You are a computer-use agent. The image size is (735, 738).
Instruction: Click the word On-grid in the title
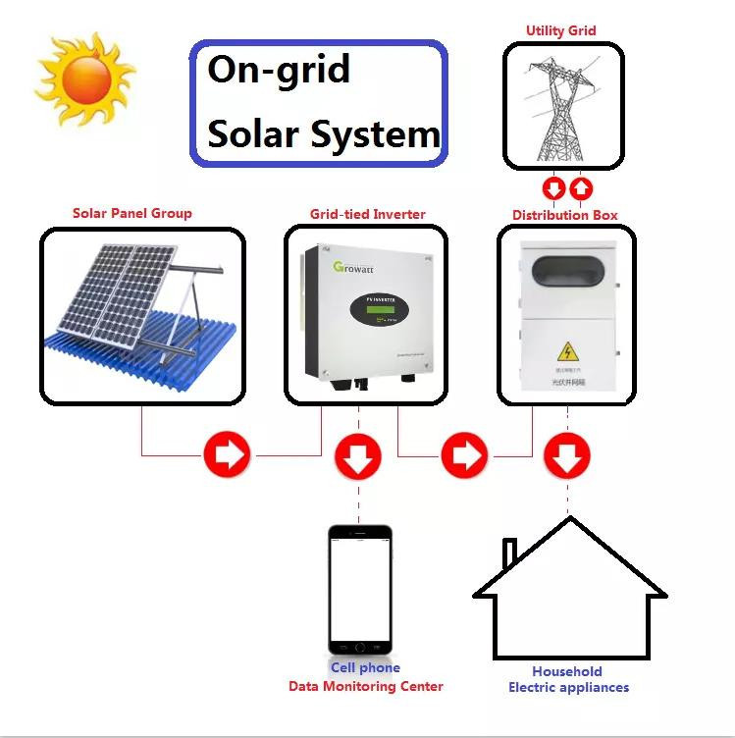pos(279,71)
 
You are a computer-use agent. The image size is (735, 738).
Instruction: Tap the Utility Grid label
pos(560,30)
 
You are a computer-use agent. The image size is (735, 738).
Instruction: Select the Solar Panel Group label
pos(132,213)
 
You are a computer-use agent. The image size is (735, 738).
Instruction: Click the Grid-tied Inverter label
pos(368,214)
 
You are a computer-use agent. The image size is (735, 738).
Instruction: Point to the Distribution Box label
pos(565,215)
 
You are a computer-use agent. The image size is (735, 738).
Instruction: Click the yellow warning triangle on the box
pos(566,350)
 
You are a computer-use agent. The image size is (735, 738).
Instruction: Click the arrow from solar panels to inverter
pos(227,455)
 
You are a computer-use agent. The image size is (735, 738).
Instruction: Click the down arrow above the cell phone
pos(358,455)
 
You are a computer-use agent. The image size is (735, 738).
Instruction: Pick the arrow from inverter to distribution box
pos(464,455)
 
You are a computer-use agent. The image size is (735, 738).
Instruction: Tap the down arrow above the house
pos(567,455)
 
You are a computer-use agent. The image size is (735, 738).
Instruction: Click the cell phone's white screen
pos(359,589)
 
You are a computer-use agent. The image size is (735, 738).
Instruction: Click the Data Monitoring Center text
pos(366,687)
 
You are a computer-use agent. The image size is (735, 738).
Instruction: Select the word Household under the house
pos(567,672)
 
